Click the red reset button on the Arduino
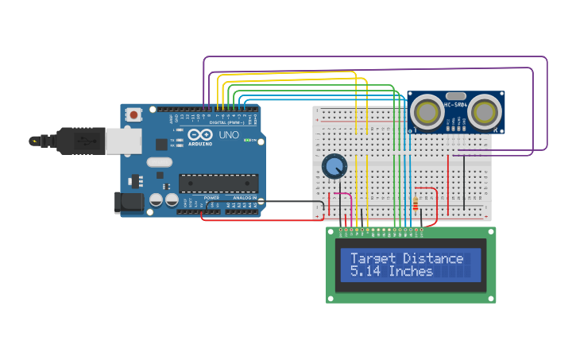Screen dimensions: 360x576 click(x=133, y=114)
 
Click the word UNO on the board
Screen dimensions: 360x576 click(x=229, y=135)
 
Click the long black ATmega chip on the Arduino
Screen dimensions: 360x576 click(x=218, y=183)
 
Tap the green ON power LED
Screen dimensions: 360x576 click(x=247, y=141)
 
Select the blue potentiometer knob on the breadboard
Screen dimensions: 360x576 click(x=334, y=166)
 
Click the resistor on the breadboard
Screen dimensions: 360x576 click(x=416, y=203)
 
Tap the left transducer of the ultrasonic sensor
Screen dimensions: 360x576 click(x=429, y=112)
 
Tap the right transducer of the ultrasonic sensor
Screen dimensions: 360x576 click(x=484, y=112)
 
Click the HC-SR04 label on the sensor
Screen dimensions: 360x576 click(x=456, y=105)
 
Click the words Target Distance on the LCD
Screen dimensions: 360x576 click(x=407, y=258)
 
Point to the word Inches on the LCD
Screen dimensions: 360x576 click(x=411, y=272)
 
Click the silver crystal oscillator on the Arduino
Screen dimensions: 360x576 click(x=159, y=162)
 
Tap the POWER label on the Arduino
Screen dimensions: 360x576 click(x=211, y=198)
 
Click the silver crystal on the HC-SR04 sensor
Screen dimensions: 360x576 click(x=456, y=95)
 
